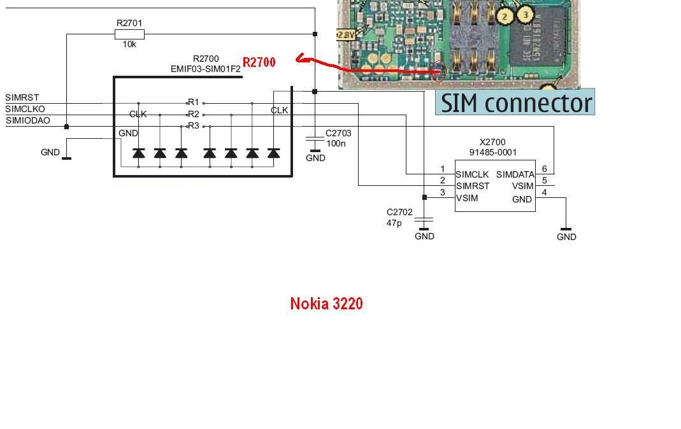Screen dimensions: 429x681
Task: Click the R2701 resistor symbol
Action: (x=130, y=34)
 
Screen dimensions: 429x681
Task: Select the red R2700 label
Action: (x=259, y=62)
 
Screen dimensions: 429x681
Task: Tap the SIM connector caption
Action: (x=515, y=102)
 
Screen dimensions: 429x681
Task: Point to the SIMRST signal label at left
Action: (x=22, y=98)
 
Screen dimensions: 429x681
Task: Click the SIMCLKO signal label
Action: (x=25, y=109)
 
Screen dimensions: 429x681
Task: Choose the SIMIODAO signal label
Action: (x=28, y=121)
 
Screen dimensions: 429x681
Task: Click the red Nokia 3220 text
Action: (x=326, y=304)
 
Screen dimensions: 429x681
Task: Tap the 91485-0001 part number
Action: (x=493, y=153)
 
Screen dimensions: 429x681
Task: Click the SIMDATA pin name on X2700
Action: (x=515, y=174)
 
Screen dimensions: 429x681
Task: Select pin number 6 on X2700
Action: (x=545, y=169)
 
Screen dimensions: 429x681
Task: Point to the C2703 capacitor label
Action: (x=338, y=134)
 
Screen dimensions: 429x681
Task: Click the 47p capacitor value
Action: (x=394, y=223)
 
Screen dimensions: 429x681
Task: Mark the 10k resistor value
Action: (x=129, y=45)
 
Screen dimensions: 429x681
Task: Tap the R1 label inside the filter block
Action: (x=193, y=102)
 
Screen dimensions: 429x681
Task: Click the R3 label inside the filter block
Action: (x=193, y=126)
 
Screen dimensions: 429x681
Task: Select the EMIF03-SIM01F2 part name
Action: (x=206, y=69)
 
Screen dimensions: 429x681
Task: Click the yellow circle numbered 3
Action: (x=526, y=13)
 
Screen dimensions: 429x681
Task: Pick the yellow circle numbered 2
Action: (x=505, y=16)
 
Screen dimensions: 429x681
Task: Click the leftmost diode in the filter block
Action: (x=138, y=153)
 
